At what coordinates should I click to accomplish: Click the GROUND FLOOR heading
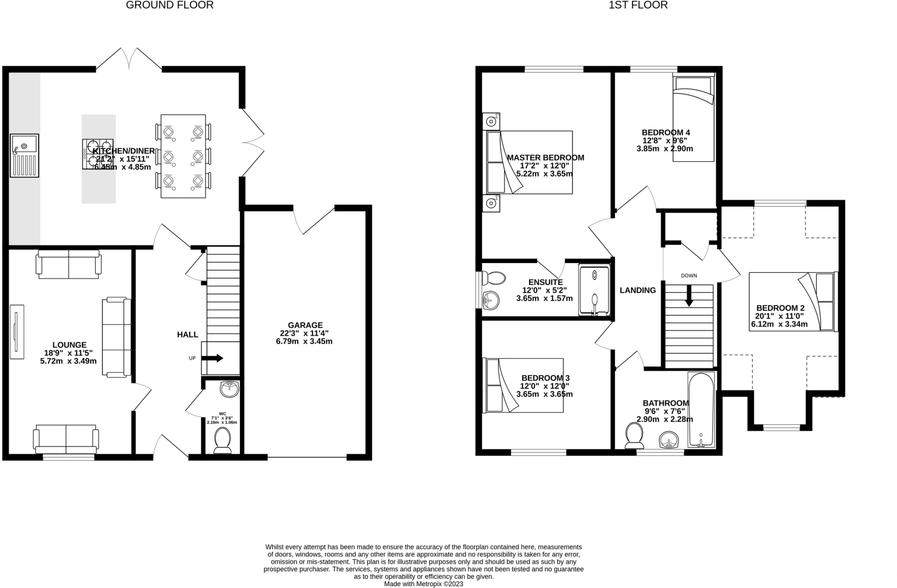tap(170, 5)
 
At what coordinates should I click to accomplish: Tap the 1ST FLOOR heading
tap(638, 5)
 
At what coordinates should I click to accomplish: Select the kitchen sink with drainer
tap(25, 156)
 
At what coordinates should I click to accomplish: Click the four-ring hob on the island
tap(97, 154)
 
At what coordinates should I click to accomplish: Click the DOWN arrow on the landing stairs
tap(689, 296)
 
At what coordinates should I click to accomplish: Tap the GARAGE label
tap(305, 325)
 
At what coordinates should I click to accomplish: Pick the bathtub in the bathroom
tap(701, 410)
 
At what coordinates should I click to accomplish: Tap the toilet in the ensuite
tap(494, 278)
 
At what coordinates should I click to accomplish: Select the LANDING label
tap(637, 290)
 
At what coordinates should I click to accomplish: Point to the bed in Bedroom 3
tap(523, 386)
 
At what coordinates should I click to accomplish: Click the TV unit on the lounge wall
tap(17, 332)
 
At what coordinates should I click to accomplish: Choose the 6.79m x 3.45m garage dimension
tap(304, 341)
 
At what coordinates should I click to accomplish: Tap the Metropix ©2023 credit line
tap(423, 584)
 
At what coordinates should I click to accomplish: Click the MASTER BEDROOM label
tap(545, 158)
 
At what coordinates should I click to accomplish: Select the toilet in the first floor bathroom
tap(634, 436)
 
